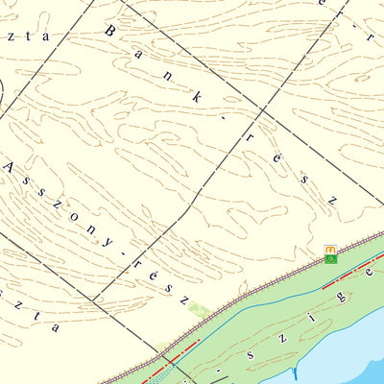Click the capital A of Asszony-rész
[11, 167]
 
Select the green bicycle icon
[330, 259]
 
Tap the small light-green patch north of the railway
[199, 309]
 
